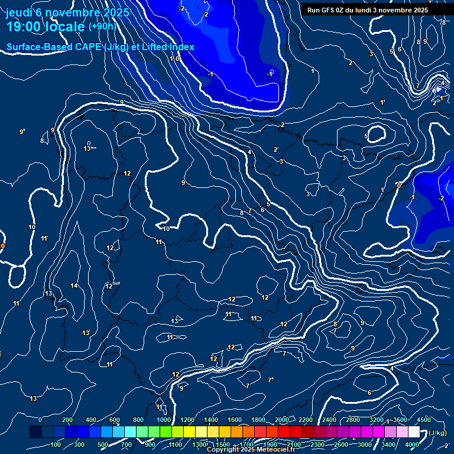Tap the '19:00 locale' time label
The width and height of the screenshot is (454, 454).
[45, 27]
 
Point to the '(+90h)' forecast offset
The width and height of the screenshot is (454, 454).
[102, 27]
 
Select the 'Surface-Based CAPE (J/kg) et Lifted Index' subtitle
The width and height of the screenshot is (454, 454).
[100, 47]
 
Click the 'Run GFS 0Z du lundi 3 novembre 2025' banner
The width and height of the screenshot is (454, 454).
[367, 10]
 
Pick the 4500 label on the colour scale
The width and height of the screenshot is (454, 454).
[424, 420]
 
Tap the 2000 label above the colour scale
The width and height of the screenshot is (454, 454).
[282, 420]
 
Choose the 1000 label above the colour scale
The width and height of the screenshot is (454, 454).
[164, 420]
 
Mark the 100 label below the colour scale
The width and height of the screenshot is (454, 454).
[56, 445]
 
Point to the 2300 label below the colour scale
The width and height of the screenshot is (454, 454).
[317, 445]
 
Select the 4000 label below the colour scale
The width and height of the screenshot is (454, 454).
[412, 445]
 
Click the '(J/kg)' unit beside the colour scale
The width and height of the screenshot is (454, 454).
[437, 433]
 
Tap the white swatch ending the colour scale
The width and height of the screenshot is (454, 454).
[414, 432]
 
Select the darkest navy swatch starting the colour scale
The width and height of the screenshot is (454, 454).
[35, 432]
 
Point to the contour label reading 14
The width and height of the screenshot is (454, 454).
[74, 286]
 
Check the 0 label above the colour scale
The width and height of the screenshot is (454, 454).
[40, 420]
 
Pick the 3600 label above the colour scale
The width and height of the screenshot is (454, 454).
[400, 420]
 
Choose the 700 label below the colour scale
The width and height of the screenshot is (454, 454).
[127, 445]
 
